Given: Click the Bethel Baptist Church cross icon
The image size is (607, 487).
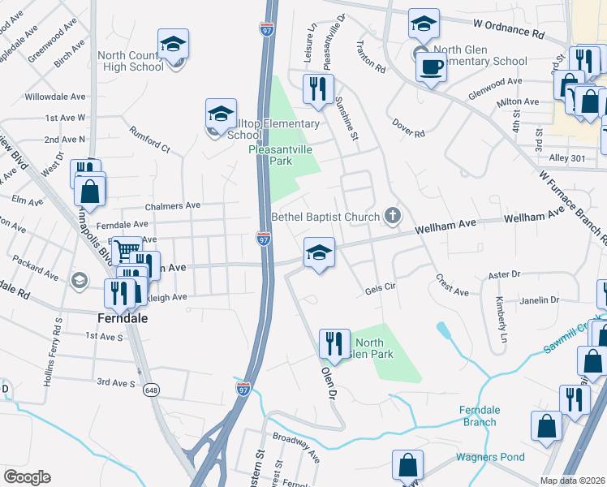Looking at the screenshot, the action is [393, 215].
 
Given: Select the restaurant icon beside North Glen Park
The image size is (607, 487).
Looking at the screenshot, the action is [334, 343].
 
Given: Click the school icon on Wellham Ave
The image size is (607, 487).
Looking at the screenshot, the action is [320, 254].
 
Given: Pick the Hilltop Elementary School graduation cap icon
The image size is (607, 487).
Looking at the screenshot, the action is [221, 116].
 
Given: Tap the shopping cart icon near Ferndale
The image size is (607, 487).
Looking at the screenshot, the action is [126, 250].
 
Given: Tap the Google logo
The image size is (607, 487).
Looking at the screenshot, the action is [27, 477].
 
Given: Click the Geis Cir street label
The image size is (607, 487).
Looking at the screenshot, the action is [380, 288].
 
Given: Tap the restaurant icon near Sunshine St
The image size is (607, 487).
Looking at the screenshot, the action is [317, 88].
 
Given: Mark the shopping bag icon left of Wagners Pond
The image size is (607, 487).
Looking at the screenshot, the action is [407, 465].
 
